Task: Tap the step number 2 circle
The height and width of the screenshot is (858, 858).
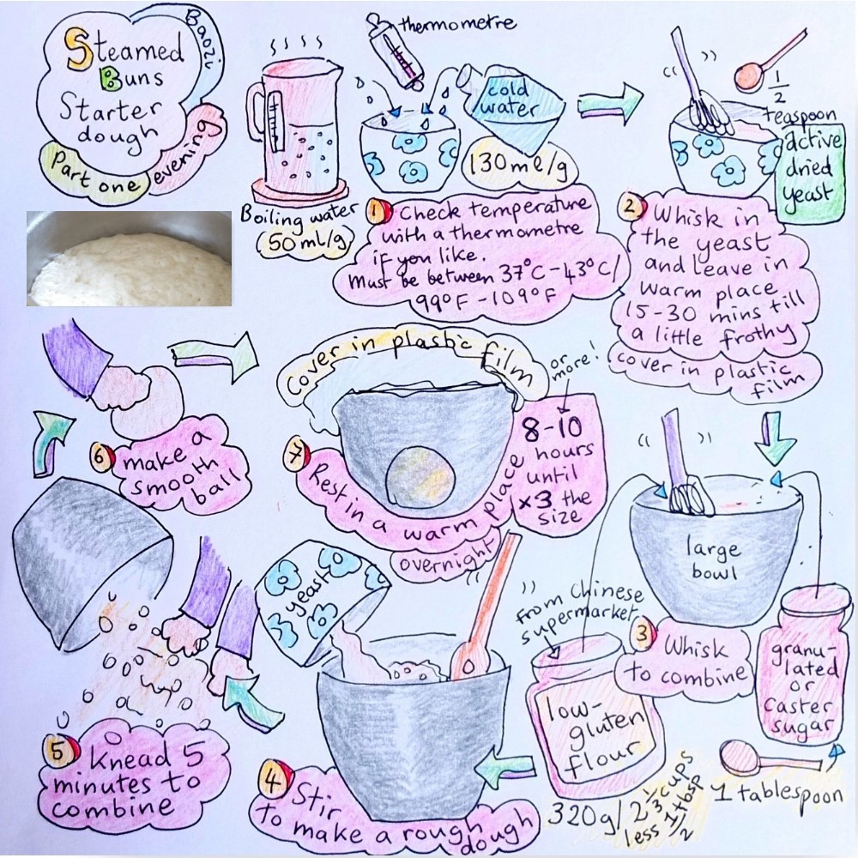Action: tap(629, 206)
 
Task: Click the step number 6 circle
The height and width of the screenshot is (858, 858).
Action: tap(101, 458)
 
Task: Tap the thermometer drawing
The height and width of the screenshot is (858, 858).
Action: tap(397, 55)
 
